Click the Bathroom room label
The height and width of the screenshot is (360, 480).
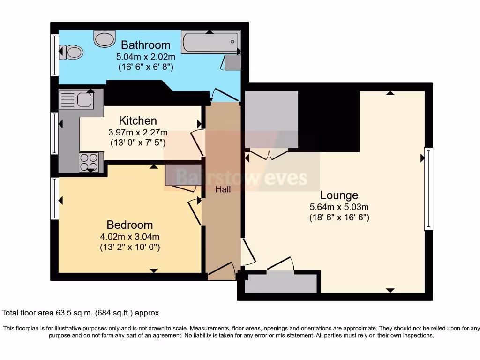point(145,45)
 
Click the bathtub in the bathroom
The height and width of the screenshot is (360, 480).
point(210,43)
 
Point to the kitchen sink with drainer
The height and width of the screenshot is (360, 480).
point(76,100)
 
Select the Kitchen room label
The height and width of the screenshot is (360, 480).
point(138,120)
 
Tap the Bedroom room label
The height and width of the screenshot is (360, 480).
point(130,225)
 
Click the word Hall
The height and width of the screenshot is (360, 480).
point(223,189)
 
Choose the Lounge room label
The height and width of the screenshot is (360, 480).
point(339,195)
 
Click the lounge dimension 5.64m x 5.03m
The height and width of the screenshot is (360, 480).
point(339,207)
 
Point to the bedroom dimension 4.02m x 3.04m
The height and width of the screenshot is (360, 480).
point(130,236)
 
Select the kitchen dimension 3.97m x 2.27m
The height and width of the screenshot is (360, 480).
point(138,132)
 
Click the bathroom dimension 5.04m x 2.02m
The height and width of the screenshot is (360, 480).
point(145,57)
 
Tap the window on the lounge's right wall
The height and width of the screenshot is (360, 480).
point(428,188)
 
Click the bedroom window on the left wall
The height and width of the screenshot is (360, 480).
point(55,198)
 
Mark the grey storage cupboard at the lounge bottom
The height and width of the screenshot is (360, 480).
point(281,283)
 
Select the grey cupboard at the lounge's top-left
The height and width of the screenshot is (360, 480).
point(271,120)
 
